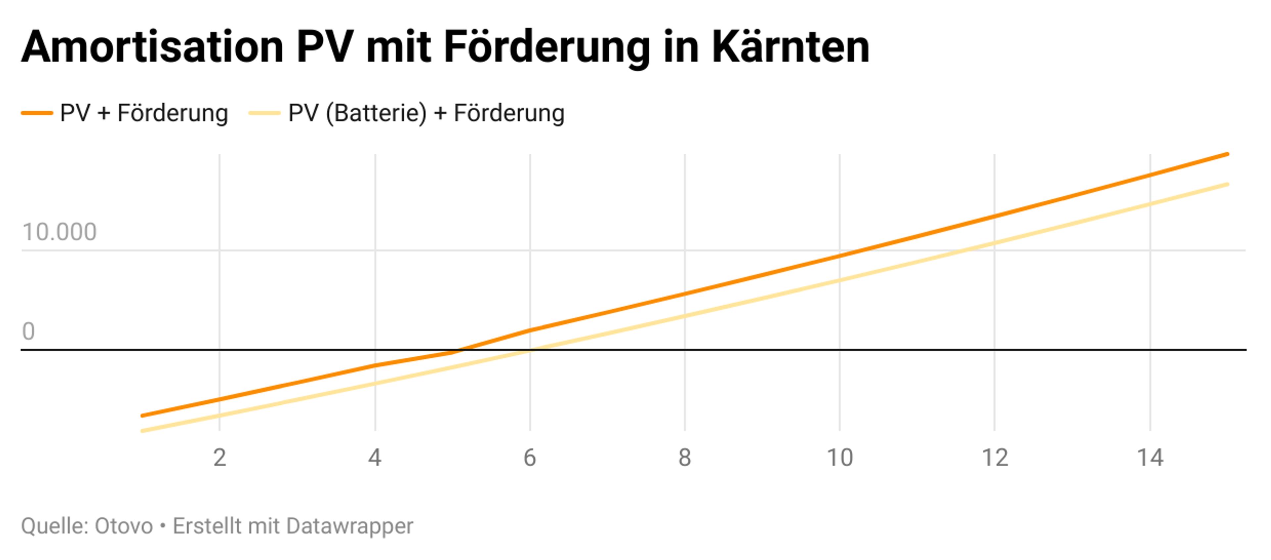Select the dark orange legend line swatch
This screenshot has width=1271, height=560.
37,113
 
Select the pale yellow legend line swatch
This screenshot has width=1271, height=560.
264,113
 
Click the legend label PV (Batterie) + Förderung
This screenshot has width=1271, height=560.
426,113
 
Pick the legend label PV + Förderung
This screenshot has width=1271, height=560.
144,113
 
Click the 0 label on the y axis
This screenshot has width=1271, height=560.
28,331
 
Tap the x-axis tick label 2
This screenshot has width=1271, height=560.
219,458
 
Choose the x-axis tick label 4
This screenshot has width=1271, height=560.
375,458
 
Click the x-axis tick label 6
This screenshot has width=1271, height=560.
530,458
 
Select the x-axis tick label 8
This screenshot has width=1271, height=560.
685,458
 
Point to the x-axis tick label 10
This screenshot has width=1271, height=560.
840,458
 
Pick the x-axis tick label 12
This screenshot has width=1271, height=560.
995,458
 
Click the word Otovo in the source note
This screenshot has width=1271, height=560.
123,526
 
